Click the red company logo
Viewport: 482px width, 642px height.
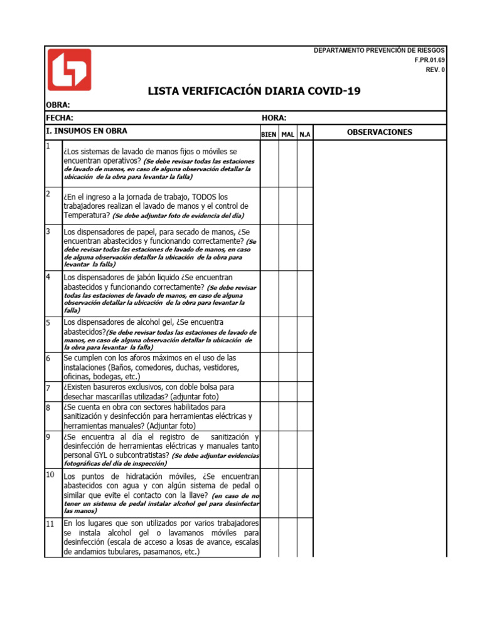(x=69, y=70)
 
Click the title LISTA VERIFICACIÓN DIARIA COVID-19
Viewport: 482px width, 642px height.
(x=254, y=92)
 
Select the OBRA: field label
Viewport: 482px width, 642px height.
(x=58, y=105)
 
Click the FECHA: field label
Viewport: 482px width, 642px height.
(x=60, y=118)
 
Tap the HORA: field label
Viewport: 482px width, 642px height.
(x=274, y=118)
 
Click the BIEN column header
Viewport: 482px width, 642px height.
(x=269, y=135)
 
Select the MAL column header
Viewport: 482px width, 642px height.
(x=288, y=135)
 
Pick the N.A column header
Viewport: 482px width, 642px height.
(x=304, y=135)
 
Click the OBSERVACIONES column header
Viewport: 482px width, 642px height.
(x=379, y=132)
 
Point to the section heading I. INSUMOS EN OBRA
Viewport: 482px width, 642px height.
(x=87, y=131)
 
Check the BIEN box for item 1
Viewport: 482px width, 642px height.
(x=269, y=164)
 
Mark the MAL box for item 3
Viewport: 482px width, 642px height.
(x=288, y=248)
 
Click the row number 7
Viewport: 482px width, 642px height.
(x=48, y=388)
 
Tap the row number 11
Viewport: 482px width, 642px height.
(x=50, y=524)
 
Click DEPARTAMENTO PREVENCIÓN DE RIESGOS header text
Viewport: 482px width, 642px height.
(x=379, y=50)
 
